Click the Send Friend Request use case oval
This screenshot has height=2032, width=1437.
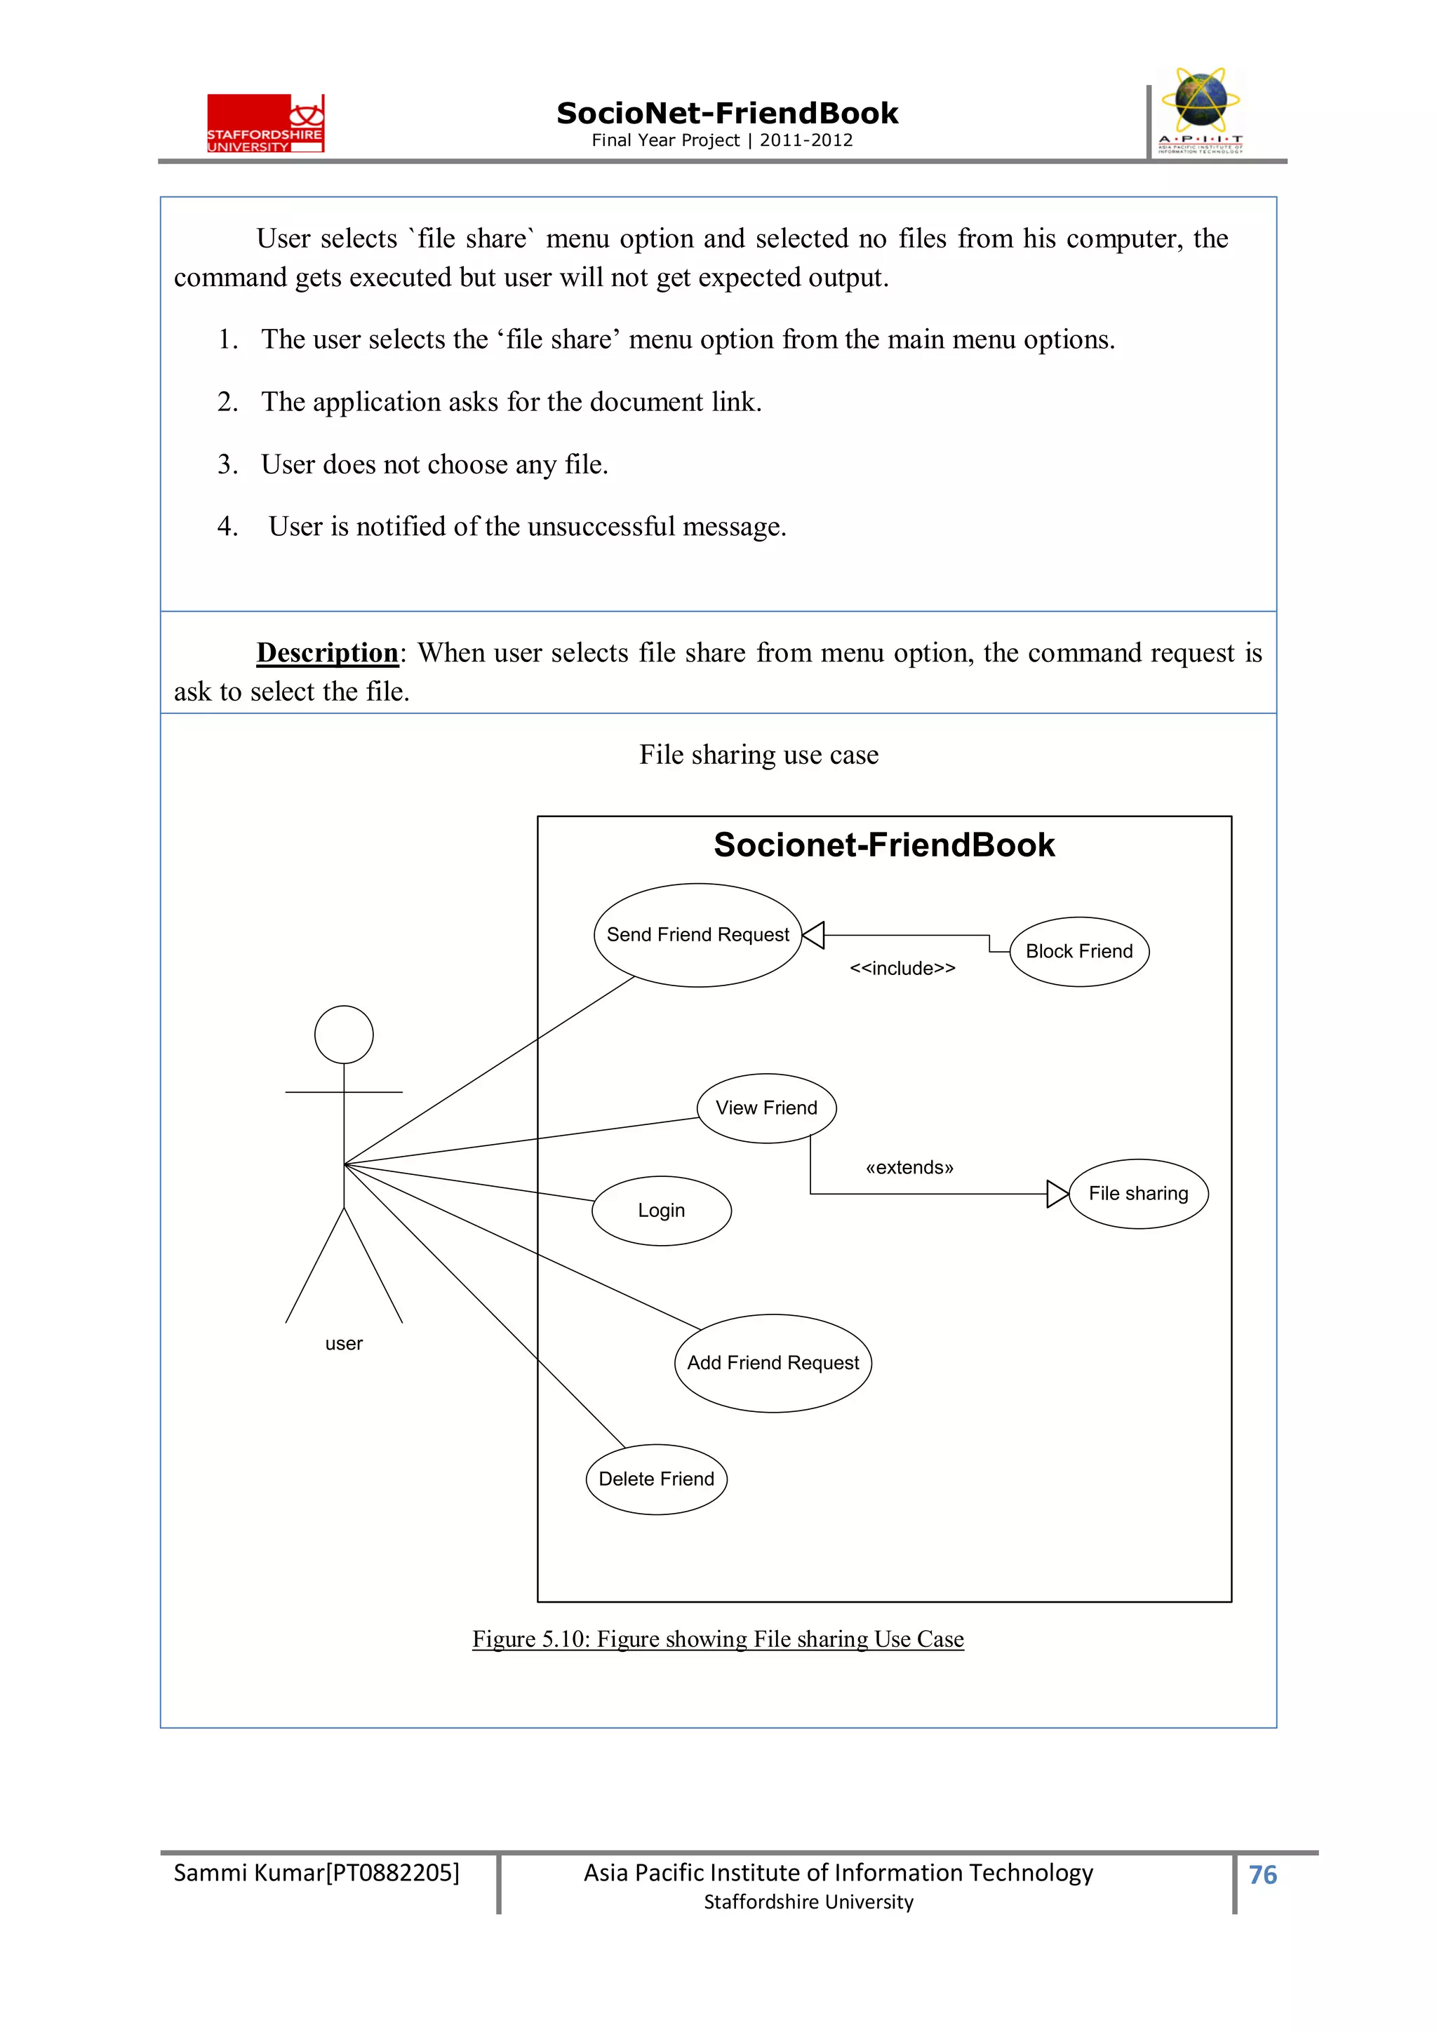697,934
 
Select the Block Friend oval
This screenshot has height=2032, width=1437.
1078,951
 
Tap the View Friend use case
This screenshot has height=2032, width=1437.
766,1108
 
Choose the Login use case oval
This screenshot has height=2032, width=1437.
662,1210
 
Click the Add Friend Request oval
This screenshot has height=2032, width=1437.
773,1362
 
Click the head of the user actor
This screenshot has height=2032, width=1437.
344,1034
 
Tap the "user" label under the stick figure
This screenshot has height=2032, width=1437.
344,1343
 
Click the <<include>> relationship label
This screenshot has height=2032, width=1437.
902,968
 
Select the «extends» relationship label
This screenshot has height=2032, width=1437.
909,1167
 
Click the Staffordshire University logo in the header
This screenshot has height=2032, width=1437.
266,124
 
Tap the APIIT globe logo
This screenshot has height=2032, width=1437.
1201,111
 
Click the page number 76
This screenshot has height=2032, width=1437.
1262,1874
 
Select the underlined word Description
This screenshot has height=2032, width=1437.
328,652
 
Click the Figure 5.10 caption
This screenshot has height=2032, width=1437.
717,1639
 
